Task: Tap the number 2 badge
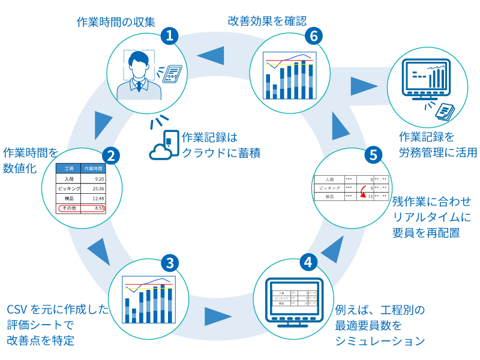110,156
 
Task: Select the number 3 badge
170,263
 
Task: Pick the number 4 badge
308,262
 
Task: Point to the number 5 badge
373,155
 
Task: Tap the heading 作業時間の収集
116,22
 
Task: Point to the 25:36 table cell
99,188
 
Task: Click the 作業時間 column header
94,169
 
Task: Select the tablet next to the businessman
172,74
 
